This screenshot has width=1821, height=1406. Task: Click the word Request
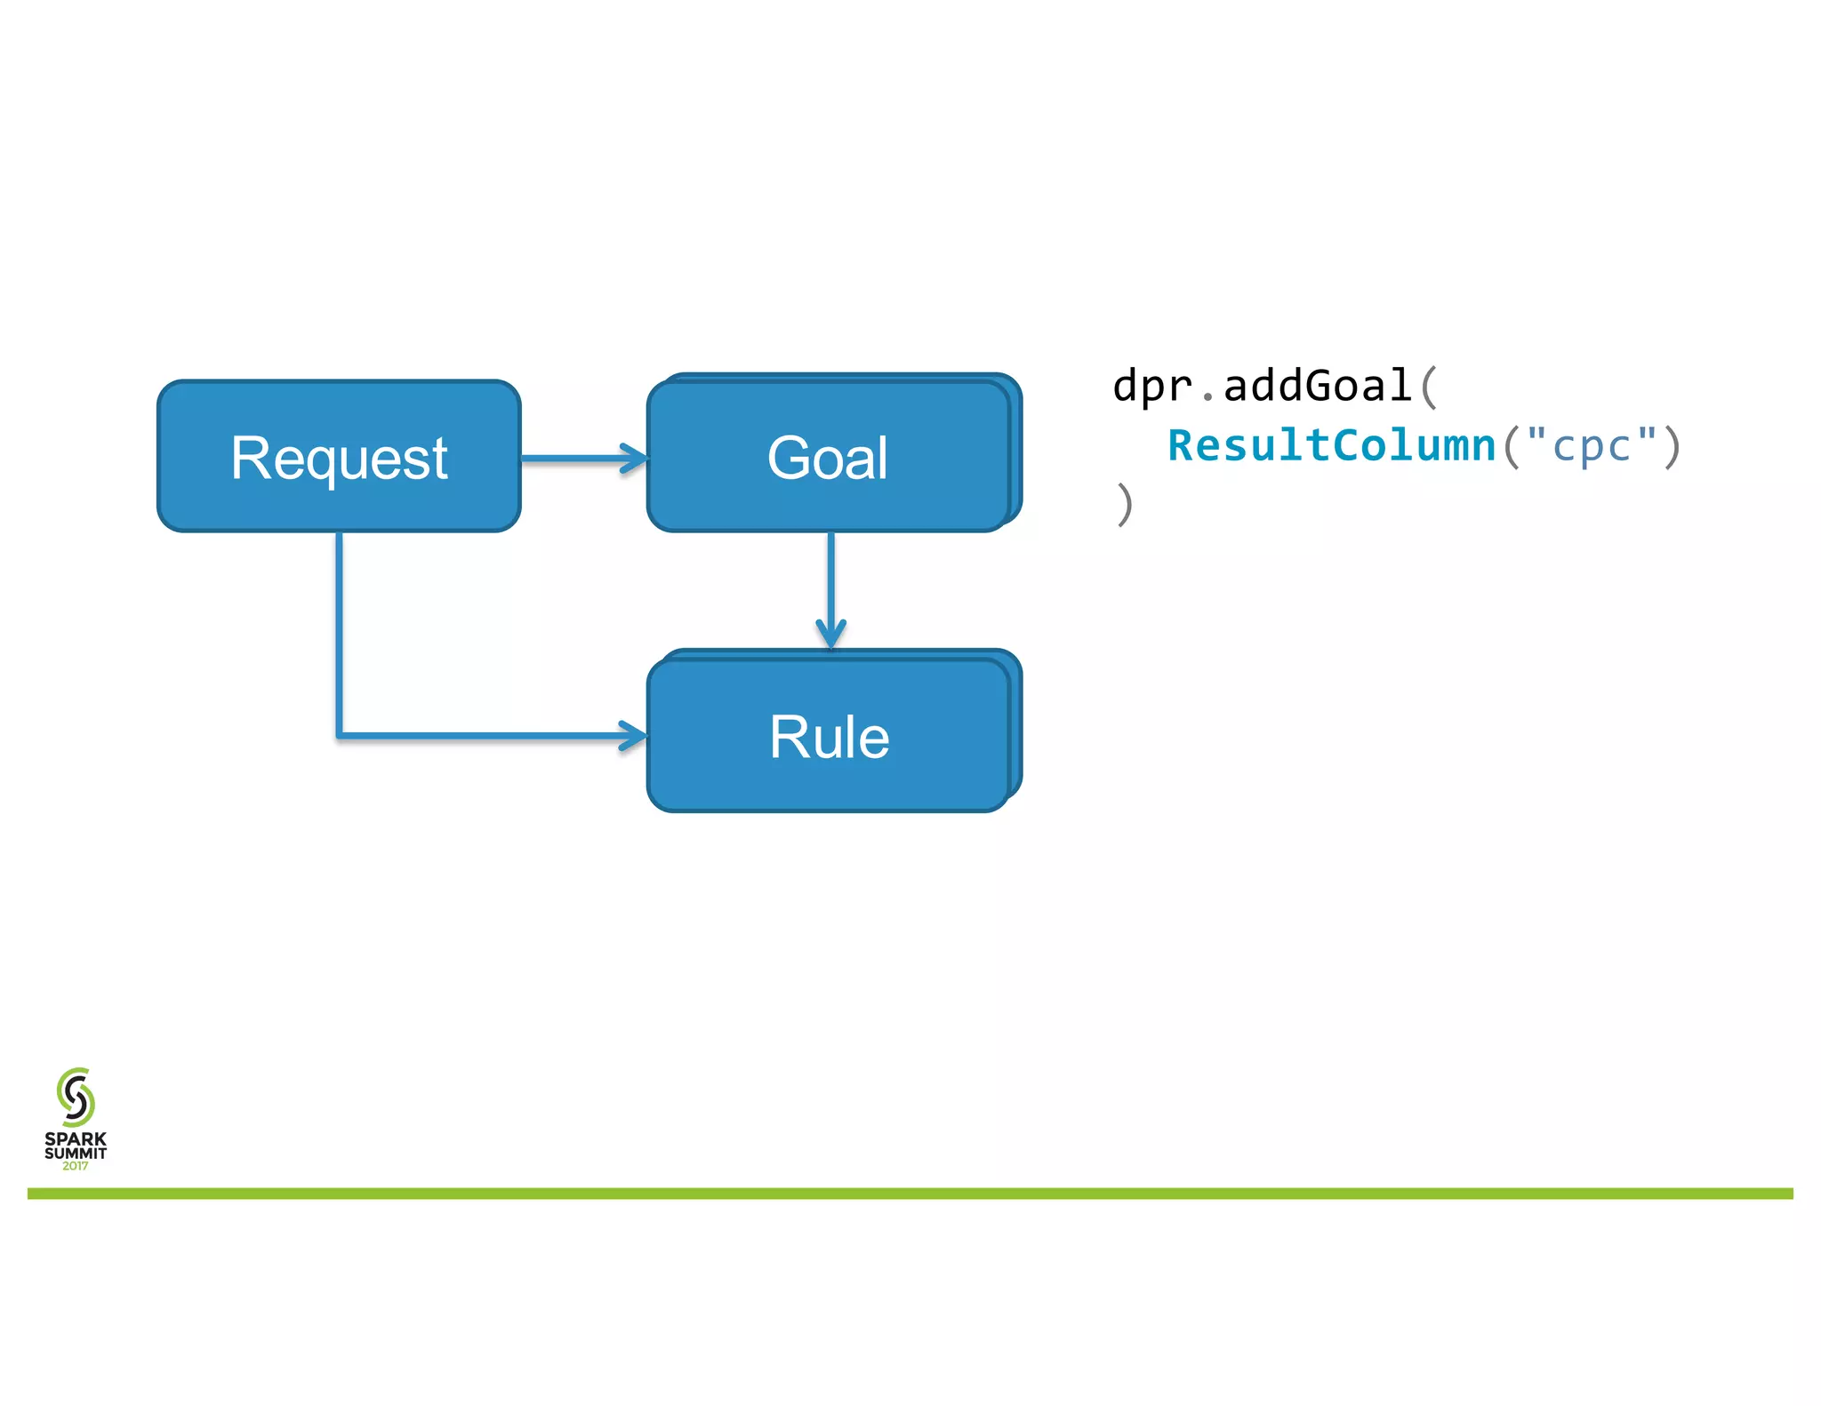pos(339,459)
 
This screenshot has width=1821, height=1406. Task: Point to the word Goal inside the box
pos(827,459)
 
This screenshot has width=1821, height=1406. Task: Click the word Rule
pos(829,737)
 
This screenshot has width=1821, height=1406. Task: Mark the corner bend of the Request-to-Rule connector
pos(340,735)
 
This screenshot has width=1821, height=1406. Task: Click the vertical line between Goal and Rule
pos(830,578)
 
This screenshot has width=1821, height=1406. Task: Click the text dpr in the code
pos(1152,387)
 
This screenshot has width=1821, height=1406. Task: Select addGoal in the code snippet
pos(1317,387)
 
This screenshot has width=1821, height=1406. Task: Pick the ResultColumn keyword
pos(1332,445)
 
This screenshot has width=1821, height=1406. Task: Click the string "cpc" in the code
pos(1592,445)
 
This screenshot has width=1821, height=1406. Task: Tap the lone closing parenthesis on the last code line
pos(1125,504)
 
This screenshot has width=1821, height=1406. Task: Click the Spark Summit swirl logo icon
pos(76,1097)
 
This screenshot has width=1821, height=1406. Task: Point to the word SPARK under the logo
pos(76,1138)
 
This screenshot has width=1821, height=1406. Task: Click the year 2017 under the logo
pos(76,1166)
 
